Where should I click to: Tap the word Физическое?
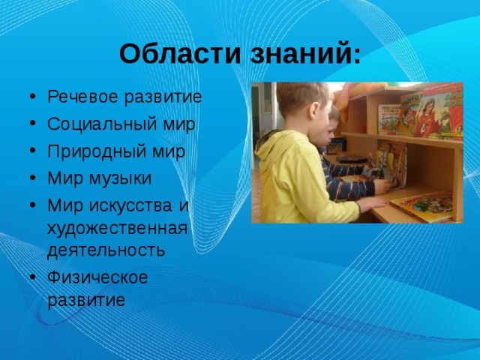97,277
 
